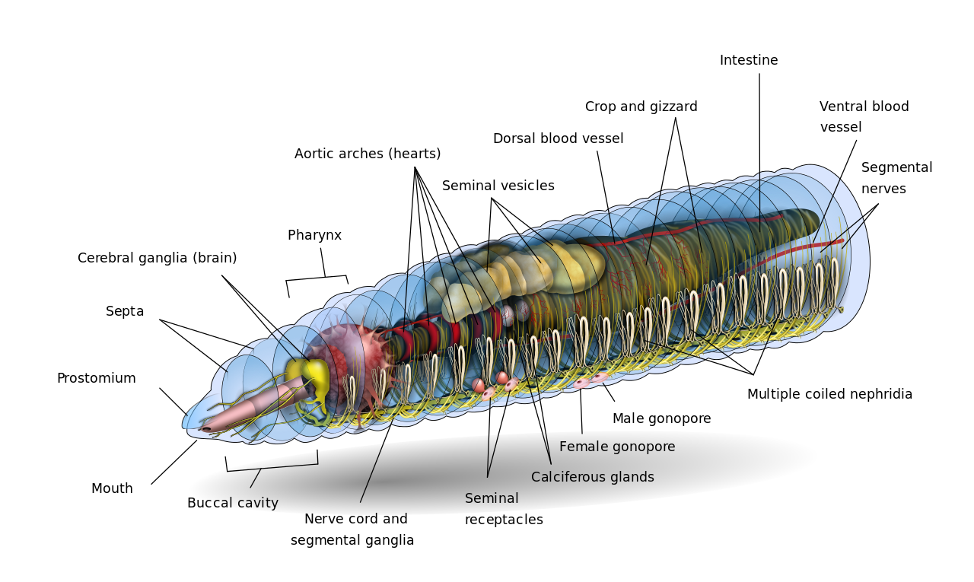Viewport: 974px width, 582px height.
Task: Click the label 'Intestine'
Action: (x=749, y=60)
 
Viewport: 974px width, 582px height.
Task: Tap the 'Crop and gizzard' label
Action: (x=641, y=107)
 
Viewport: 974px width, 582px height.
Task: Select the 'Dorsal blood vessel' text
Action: (x=558, y=138)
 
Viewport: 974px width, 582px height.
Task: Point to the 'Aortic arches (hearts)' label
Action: (x=368, y=154)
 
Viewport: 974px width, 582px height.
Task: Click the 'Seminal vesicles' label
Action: (x=498, y=186)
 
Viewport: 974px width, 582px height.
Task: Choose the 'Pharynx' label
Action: (x=314, y=235)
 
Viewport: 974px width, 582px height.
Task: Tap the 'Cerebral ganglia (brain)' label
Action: (x=157, y=258)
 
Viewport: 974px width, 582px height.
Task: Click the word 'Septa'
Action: (x=125, y=311)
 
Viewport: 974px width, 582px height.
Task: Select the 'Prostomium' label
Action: (x=96, y=378)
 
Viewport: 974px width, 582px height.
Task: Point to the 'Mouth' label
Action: (x=112, y=488)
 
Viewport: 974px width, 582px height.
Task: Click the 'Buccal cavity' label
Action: (x=232, y=503)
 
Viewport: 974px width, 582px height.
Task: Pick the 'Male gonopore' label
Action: (x=661, y=418)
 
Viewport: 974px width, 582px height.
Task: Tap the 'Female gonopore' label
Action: (x=616, y=447)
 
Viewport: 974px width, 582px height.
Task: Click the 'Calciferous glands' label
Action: (x=592, y=477)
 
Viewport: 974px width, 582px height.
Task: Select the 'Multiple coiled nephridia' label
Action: (x=829, y=394)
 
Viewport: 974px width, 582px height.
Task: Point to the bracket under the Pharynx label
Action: (x=317, y=279)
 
